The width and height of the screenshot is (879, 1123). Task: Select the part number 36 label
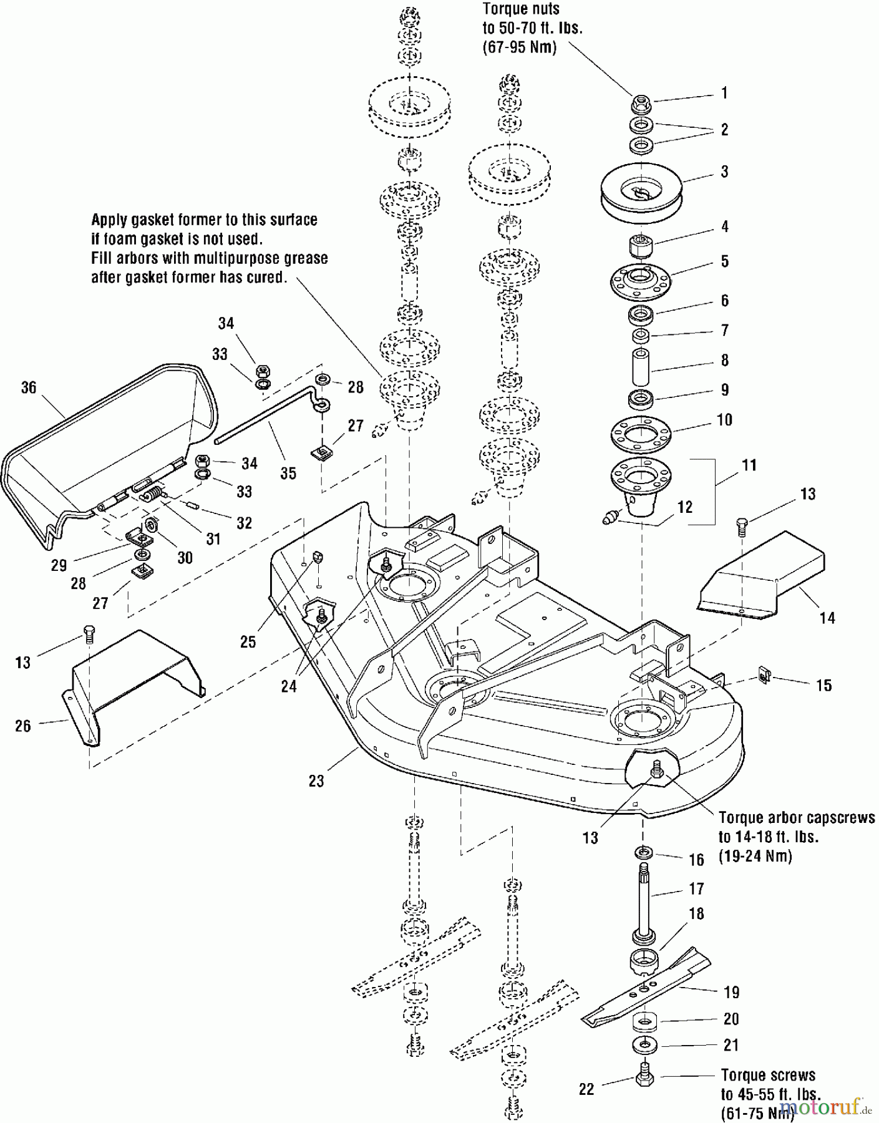click(x=29, y=387)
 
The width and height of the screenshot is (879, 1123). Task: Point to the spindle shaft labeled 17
click(x=643, y=898)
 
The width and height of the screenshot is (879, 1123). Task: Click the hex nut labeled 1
click(x=641, y=102)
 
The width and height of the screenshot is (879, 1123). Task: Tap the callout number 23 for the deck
click(x=316, y=780)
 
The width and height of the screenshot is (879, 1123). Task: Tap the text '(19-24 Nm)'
click(x=755, y=856)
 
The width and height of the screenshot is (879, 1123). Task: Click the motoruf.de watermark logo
click(x=823, y=1108)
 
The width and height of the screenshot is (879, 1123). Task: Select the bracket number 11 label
click(x=749, y=465)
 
